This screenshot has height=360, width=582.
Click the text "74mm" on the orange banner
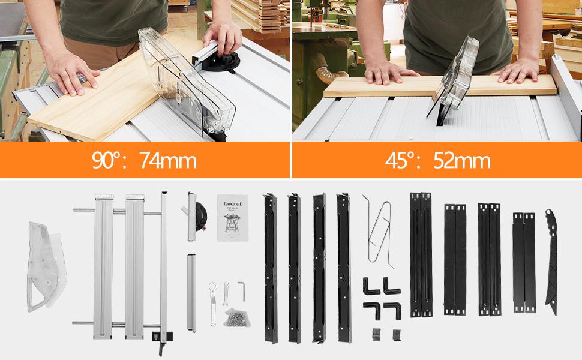point(168,161)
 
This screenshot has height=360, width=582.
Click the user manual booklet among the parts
point(233,217)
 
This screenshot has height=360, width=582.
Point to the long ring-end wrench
point(213,303)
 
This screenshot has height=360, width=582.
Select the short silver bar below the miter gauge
point(191,292)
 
